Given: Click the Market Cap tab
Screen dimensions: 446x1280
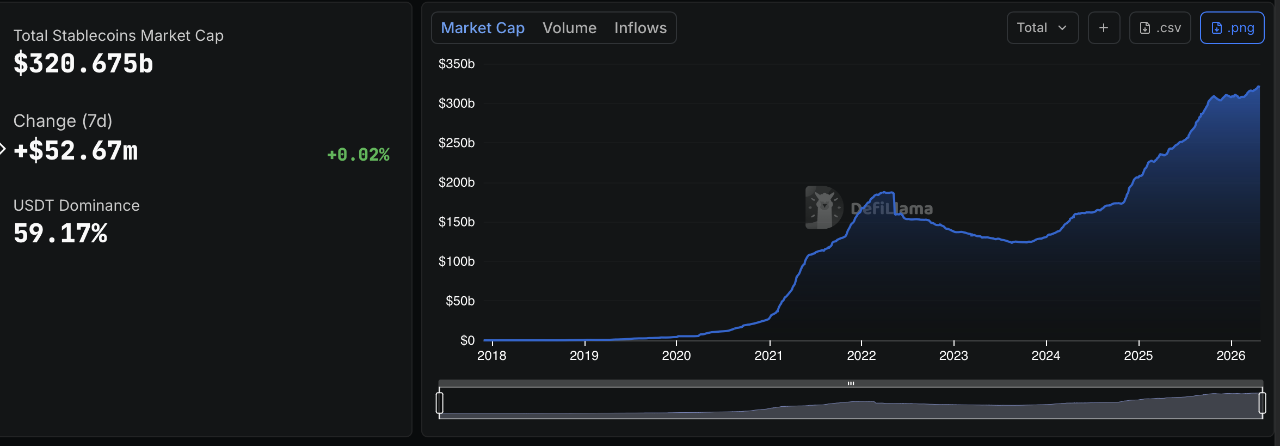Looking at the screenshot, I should (x=482, y=28).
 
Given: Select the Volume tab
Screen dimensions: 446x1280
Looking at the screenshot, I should (x=569, y=28).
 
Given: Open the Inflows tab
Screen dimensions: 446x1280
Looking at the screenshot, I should (x=640, y=28).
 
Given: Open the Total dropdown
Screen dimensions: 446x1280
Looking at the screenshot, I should (x=1042, y=28).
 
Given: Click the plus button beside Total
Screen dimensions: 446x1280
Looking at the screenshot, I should (x=1104, y=28).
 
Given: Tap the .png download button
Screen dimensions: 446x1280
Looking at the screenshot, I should (x=1232, y=28).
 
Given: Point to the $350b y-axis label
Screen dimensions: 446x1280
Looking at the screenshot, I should (x=457, y=64).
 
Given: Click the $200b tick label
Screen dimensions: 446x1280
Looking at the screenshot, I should (x=457, y=182).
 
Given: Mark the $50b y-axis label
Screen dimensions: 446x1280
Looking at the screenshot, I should (x=460, y=301).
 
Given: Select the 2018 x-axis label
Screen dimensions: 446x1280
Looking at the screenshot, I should (x=491, y=356).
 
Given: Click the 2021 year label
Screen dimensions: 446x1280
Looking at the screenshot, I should (x=768, y=356).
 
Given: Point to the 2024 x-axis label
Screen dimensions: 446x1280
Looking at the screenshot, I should (x=1045, y=356).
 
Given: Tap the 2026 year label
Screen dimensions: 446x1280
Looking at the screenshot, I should (x=1230, y=356).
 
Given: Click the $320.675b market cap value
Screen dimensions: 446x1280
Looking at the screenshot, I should (x=83, y=63).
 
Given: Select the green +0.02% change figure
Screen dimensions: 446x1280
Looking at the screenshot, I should (x=358, y=155).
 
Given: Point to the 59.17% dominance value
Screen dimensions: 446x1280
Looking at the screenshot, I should (x=60, y=233).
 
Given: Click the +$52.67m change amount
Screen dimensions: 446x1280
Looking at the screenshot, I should (x=76, y=151).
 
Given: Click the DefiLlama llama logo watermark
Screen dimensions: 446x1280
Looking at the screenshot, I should (x=824, y=207).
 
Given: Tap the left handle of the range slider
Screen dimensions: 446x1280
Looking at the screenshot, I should (x=440, y=403).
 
